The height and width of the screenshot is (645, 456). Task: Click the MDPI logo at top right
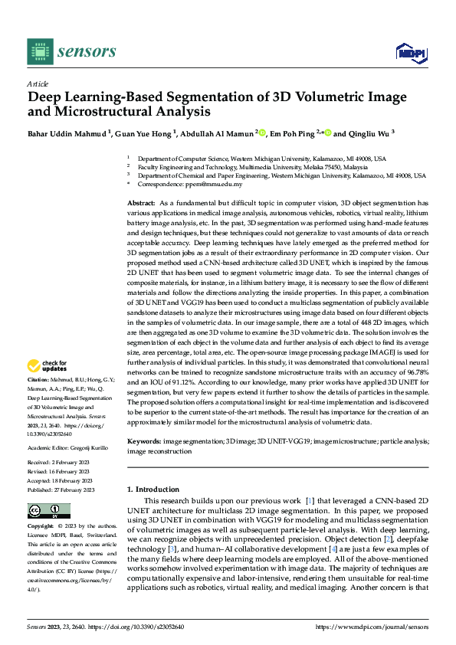click(411, 52)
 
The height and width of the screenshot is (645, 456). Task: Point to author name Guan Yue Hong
click(145, 133)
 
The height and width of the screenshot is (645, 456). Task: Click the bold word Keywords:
click(143, 442)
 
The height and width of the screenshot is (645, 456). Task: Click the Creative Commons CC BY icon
click(48, 511)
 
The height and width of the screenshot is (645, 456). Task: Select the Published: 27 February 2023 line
click(61, 468)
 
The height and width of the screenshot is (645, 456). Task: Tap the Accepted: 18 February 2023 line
click(61, 458)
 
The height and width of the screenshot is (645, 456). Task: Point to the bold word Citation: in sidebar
click(38, 380)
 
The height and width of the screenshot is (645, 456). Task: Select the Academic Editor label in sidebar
click(48, 425)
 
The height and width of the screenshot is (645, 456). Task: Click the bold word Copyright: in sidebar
click(41, 527)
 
